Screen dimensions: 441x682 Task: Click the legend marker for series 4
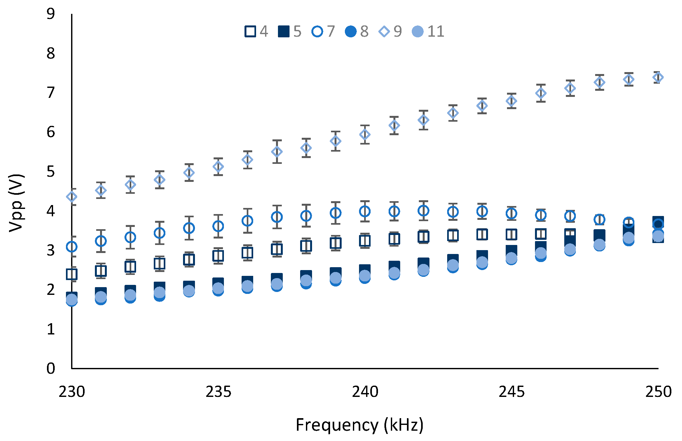coord(250,32)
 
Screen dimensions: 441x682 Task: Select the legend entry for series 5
coord(284,32)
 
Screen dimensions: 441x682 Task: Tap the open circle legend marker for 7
coord(317,32)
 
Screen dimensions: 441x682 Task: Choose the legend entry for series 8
coord(351,32)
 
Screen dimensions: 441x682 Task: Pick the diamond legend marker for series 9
coord(384,32)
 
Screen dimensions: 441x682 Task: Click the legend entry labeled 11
coord(418,32)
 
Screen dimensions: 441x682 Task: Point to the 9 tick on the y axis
coord(51,14)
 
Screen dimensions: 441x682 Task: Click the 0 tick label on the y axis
coord(51,368)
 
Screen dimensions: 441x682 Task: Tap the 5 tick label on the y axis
coord(51,172)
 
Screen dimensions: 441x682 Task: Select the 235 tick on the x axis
coord(218,392)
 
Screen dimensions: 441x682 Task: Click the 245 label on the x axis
coord(511,392)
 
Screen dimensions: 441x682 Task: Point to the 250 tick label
coord(658,392)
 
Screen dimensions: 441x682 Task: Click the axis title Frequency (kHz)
coord(359,425)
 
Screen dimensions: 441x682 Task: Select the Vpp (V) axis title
coord(16,203)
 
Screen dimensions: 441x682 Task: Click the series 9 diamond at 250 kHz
coord(658,77)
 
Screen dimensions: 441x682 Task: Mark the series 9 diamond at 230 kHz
coord(72,197)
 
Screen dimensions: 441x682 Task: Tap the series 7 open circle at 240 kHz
coord(365,211)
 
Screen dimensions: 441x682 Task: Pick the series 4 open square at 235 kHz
coord(218,256)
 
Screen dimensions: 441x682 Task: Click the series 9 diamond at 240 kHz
coord(365,135)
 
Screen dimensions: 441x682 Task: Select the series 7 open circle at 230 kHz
coord(72,247)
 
